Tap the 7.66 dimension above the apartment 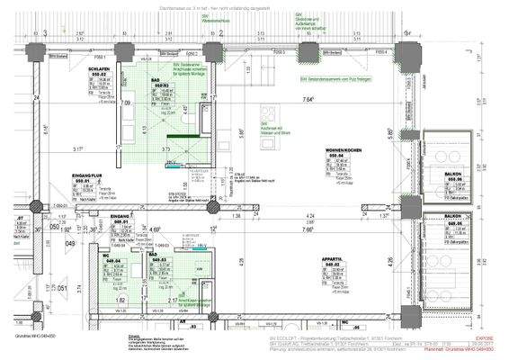click(x=309, y=229)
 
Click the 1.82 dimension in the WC click(x=121, y=300)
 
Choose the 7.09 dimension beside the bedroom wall click(x=127, y=104)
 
